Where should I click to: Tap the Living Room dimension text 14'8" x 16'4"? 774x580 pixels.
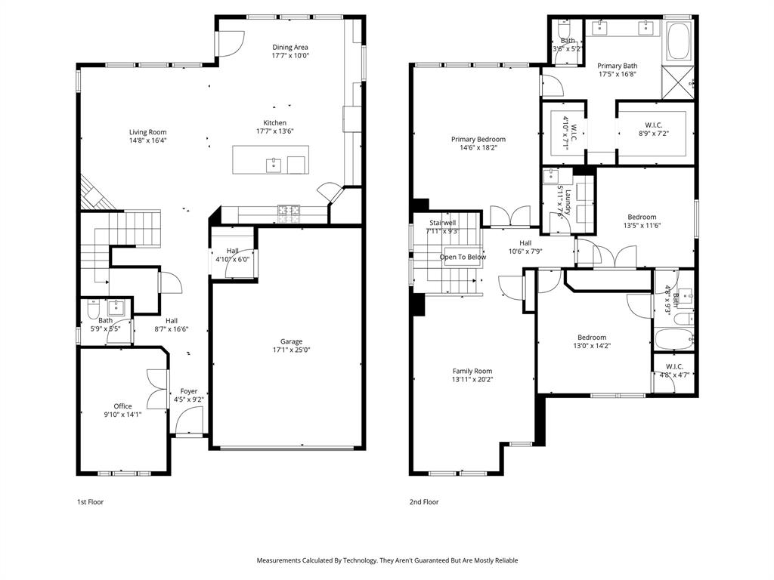[147, 140]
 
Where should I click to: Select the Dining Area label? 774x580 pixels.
[290, 47]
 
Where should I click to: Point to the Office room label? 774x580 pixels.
[122, 406]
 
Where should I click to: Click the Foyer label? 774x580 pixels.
[188, 391]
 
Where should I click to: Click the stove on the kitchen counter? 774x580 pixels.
[288, 214]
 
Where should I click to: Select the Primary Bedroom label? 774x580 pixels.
[478, 139]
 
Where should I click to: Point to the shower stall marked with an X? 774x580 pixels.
[677, 80]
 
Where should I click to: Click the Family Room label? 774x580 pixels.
[472, 371]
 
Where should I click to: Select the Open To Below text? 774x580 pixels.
[463, 257]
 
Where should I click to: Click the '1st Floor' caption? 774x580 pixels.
[90, 501]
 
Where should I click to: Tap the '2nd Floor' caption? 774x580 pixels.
[424, 501]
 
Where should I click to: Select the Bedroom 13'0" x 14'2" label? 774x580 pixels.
[592, 338]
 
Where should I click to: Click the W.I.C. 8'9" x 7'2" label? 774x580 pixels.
[653, 125]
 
